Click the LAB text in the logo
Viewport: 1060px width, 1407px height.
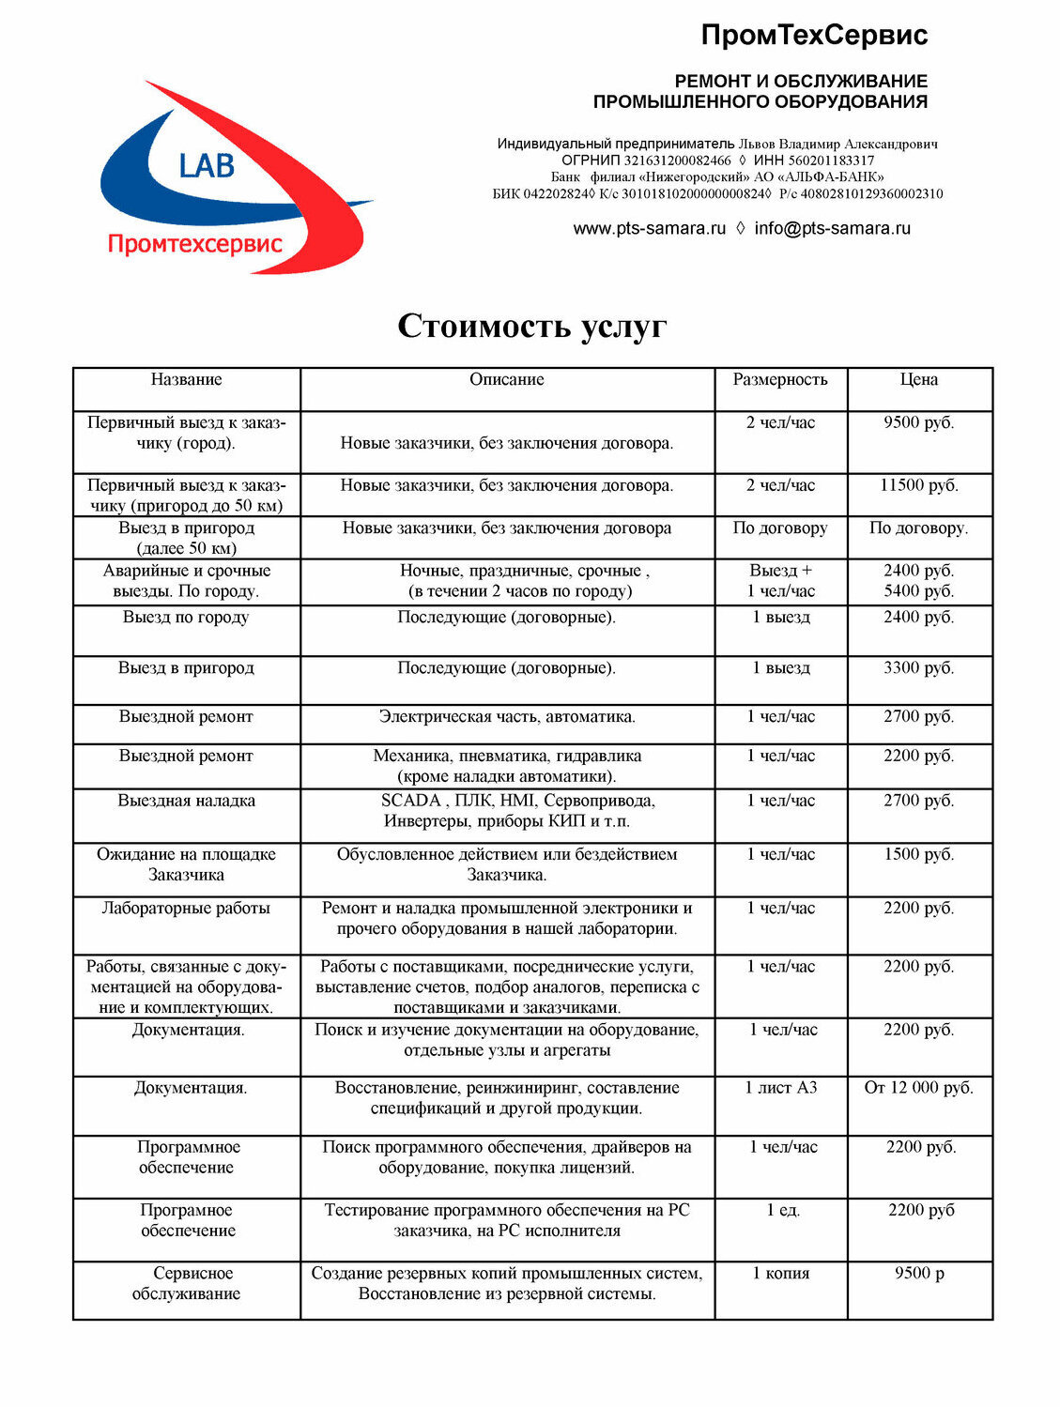[x=207, y=166]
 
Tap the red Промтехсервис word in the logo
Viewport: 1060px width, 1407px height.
[x=194, y=244]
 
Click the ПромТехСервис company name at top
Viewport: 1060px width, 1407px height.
[x=814, y=35]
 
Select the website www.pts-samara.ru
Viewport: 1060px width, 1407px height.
[x=649, y=228]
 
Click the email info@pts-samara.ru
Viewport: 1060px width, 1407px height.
[x=832, y=228]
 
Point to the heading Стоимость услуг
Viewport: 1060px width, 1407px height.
[x=531, y=326]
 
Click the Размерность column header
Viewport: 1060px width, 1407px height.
[x=780, y=379]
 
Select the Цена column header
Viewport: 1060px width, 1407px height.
[x=918, y=379]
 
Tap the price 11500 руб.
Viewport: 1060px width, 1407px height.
[x=918, y=485]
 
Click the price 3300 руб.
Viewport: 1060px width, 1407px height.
[x=918, y=668]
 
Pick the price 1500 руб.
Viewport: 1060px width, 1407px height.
[x=918, y=854]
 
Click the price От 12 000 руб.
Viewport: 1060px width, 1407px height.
[x=918, y=1088]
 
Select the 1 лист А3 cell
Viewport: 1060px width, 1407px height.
[x=780, y=1088]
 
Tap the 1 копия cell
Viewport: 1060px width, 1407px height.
[x=780, y=1273]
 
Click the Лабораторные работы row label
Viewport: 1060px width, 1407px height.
[x=186, y=908]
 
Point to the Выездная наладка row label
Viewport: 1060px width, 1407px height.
[x=186, y=801]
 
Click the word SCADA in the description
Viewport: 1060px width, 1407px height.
[x=410, y=801]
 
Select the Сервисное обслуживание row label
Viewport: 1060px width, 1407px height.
[x=187, y=1283]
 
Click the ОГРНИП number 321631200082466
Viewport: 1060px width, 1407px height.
[x=677, y=161]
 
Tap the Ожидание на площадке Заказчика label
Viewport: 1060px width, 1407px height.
[x=186, y=864]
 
